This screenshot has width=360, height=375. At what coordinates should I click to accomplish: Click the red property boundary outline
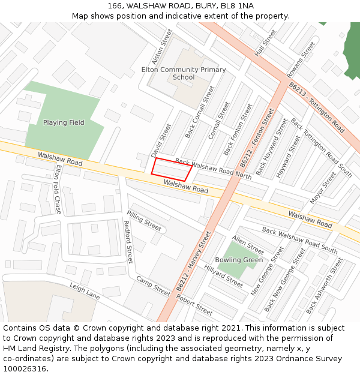[172, 169]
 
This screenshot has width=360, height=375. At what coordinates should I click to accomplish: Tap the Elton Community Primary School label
[184, 73]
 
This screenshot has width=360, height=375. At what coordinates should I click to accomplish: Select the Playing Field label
[64, 122]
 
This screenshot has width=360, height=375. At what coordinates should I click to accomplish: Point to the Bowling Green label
[239, 260]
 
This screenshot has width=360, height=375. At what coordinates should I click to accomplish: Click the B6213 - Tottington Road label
[317, 108]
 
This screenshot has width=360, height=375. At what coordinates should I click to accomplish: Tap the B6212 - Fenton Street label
[257, 137]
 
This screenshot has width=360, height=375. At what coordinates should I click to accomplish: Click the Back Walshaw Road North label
[213, 169]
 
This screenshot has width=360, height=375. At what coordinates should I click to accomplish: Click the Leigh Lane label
[84, 292]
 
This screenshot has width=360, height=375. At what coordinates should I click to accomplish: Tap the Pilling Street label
[144, 221]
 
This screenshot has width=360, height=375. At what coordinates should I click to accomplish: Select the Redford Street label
[127, 242]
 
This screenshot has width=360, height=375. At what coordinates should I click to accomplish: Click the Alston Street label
[158, 50]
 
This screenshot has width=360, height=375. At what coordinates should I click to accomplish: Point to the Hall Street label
[265, 43]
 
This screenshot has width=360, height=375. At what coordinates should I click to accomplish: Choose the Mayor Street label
[323, 188]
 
